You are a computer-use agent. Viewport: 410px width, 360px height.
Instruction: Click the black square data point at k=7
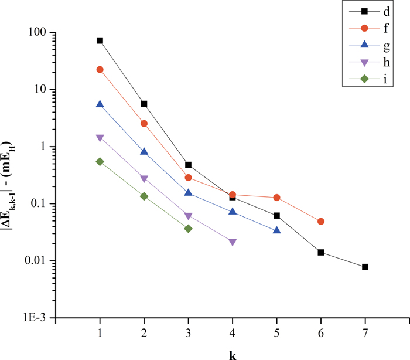[x=365, y=267]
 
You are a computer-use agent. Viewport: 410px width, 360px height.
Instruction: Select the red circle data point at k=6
[x=321, y=222]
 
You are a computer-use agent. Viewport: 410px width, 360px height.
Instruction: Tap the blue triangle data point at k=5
[x=276, y=230]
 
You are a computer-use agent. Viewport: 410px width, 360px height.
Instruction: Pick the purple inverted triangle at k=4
[x=233, y=242]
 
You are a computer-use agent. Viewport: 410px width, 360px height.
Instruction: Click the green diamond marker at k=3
[x=188, y=229]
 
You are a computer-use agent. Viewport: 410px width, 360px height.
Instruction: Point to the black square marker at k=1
[x=100, y=40]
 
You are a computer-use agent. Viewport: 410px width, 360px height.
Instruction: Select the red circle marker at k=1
[x=100, y=70]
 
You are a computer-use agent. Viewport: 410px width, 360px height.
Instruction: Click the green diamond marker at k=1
[x=100, y=161]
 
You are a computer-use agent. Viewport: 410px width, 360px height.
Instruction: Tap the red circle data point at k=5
[x=276, y=198]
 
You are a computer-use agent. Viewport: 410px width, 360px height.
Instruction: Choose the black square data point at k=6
[x=321, y=252]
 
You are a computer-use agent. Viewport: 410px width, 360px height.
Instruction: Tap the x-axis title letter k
[x=233, y=354]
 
